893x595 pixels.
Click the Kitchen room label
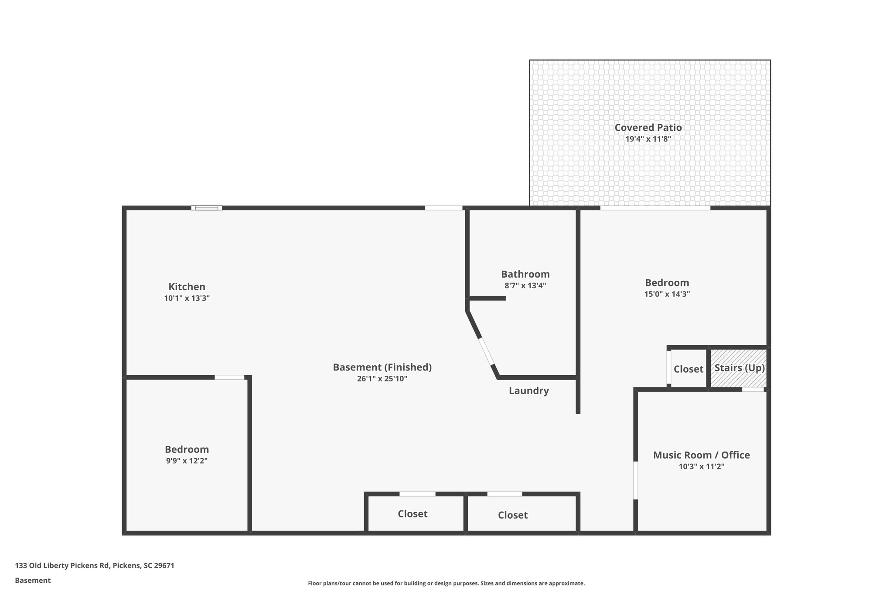(x=187, y=287)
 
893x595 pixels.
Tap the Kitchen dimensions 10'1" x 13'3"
(x=187, y=299)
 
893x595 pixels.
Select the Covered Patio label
(x=648, y=128)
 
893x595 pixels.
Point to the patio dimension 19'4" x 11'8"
(x=648, y=139)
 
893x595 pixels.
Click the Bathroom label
(x=525, y=274)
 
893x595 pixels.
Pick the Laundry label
(x=528, y=391)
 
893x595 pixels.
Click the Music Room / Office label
(x=701, y=455)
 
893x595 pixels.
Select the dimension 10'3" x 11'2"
(x=701, y=466)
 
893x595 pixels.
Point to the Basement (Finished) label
(x=382, y=367)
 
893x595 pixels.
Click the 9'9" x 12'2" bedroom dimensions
(x=187, y=461)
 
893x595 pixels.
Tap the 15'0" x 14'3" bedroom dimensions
(x=667, y=294)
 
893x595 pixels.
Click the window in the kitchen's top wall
(x=207, y=208)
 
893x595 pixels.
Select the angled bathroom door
(x=486, y=351)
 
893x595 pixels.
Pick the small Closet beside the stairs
(x=688, y=369)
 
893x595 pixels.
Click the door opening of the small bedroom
(x=229, y=377)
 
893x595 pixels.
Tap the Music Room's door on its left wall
(x=636, y=480)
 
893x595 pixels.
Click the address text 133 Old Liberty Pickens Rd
(x=95, y=566)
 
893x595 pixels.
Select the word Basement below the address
(x=33, y=581)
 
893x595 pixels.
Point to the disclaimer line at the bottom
(x=446, y=583)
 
